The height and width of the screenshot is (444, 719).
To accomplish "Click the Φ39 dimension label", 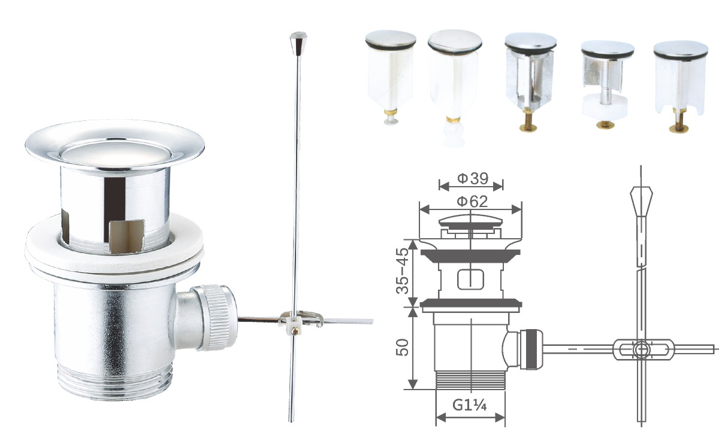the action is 473,178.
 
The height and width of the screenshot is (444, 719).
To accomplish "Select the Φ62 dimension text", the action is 472,202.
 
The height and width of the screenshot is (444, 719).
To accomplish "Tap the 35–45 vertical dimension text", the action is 402,271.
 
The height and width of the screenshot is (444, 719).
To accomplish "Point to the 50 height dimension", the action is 402,348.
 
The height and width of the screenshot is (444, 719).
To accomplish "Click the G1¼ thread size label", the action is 470,405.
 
